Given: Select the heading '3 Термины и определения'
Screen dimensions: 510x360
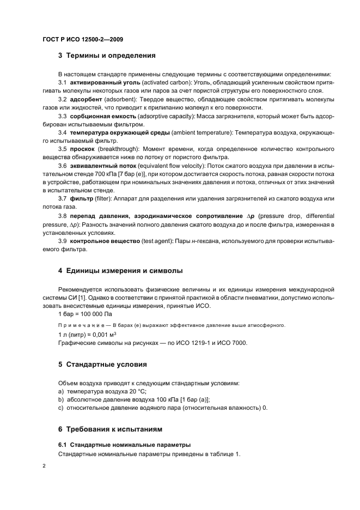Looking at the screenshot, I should [107, 55].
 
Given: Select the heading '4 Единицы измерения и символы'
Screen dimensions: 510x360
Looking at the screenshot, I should [120, 270].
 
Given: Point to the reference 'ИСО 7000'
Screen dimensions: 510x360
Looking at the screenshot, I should [232, 343].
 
